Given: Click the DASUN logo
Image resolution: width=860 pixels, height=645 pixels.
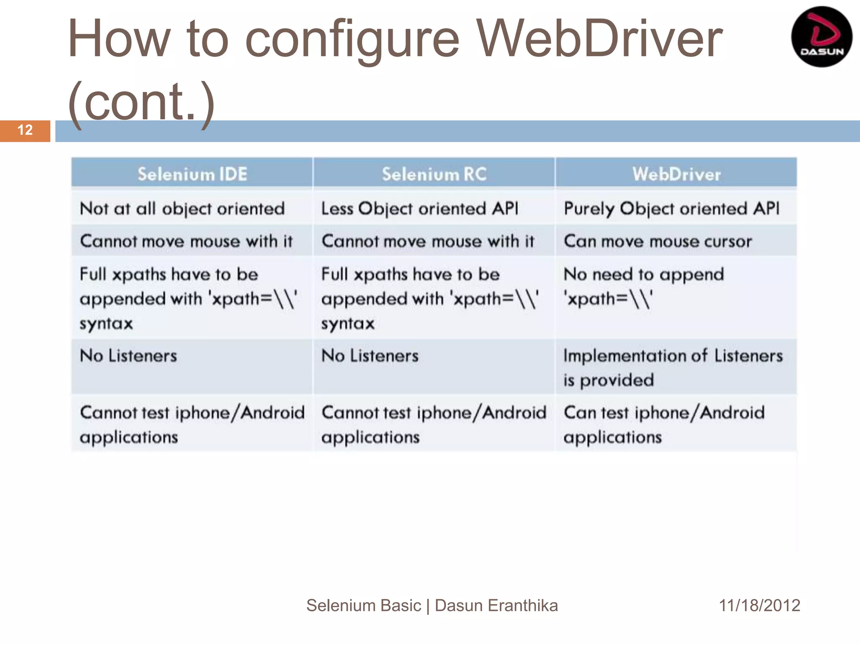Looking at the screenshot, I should click(821, 37).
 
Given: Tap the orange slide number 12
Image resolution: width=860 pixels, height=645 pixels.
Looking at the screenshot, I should click(25, 130).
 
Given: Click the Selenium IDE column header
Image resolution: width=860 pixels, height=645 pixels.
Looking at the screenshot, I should click(192, 174).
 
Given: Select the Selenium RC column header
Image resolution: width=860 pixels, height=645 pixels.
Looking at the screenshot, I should click(434, 174).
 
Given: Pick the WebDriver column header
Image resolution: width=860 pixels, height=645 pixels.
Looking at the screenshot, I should click(676, 174).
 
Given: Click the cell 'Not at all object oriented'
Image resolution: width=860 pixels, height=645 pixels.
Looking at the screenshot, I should click(182, 209).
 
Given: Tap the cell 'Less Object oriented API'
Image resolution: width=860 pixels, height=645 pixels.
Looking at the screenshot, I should click(420, 209).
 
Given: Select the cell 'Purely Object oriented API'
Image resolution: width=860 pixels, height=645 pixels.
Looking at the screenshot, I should click(671, 209).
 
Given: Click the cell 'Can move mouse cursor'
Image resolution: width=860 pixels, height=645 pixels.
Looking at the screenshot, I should click(658, 241).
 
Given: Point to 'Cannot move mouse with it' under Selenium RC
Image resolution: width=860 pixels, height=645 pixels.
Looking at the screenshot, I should click(427, 241).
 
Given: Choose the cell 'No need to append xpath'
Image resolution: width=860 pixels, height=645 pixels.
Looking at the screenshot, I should click(643, 287).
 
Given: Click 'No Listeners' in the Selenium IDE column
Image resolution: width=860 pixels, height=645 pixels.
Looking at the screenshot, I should click(128, 356).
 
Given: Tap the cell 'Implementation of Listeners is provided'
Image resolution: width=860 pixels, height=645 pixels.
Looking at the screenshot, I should click(673, 367).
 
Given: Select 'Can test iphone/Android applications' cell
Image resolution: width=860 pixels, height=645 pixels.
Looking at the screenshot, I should click(663, 425).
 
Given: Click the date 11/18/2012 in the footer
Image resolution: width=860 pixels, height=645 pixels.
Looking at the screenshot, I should click(759, 606).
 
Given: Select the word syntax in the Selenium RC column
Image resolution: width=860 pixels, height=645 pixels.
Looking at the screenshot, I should click(348, 324).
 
